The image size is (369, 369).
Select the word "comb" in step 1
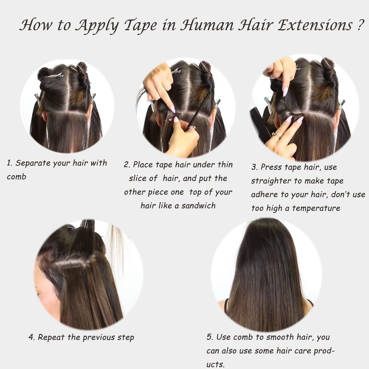click(17, 177)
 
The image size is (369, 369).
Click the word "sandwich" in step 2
click(198, 205)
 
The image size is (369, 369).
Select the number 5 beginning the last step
click(209, 337)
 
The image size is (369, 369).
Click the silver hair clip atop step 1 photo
click(55, 75)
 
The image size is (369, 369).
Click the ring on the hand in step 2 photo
click(192, 128)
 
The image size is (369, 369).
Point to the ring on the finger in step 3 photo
click(276, 135)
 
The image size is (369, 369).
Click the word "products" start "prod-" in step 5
click(321, 351)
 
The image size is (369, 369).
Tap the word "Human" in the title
click(207, 25)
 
